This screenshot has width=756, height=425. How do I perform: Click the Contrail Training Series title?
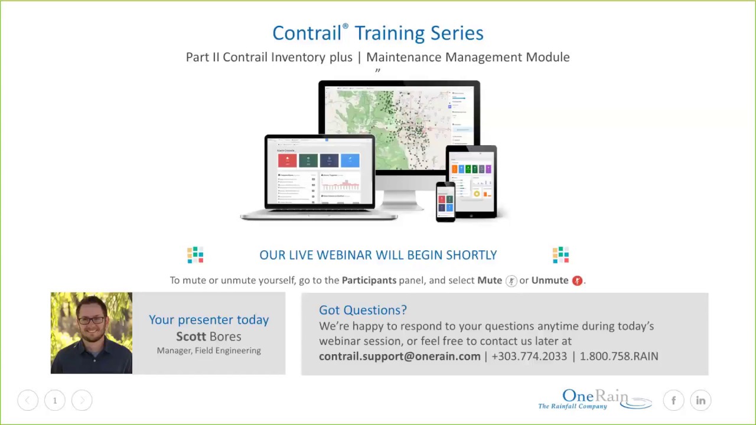pos(377,33)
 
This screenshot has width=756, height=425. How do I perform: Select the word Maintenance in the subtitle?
pos(404,57)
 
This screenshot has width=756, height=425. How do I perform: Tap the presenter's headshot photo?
pos(92,333)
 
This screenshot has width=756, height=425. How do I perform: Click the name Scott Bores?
pos(208,336)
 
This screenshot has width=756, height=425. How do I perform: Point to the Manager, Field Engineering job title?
pos(208,351)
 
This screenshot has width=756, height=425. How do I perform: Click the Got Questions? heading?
pos(363,310)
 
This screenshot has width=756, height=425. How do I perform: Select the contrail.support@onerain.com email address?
pos(400,356)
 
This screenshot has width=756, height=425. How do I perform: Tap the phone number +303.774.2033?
pos(529,356)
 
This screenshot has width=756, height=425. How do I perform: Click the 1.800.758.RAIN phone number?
pos(618,356)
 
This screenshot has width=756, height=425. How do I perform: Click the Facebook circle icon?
pos(673,401)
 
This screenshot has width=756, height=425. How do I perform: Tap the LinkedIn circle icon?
pos(700,401)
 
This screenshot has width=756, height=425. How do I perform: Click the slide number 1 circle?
pos(55,401)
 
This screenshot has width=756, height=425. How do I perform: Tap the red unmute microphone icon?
pos(577,281)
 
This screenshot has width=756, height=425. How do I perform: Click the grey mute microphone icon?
pos(511,281)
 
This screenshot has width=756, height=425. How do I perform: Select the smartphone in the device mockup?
pos(445,202)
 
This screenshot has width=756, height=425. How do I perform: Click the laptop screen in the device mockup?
pos(320,171)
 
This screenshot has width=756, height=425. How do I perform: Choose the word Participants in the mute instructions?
pos(369,280)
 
